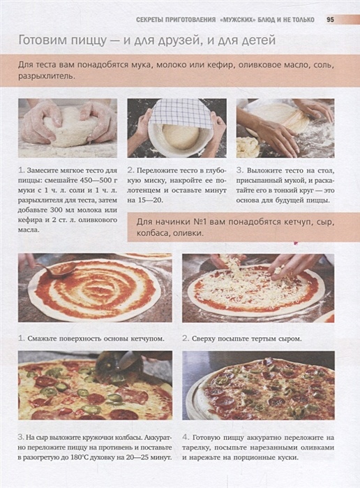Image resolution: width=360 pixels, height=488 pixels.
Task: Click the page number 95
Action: [x=330, y=20]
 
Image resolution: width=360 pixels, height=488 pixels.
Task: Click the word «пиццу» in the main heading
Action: [x=89, y=40]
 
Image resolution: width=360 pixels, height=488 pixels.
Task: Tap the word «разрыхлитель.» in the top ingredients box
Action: [x=47, y=76]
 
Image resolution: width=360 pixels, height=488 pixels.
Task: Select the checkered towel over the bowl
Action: [x=177, y=112]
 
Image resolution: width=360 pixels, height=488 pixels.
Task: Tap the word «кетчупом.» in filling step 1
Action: [x=147, y=339]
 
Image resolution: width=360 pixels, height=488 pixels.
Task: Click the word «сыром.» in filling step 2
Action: [x=290, y=339]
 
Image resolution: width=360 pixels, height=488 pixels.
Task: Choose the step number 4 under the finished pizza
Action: [x=186, y=438]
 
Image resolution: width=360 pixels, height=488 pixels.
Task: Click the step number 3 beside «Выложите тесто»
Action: [x=239, y=170]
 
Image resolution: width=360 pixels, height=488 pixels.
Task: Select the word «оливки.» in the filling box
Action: [x=189, y=233]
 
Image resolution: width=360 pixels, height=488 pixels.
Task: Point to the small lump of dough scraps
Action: [x=248, y=147]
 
